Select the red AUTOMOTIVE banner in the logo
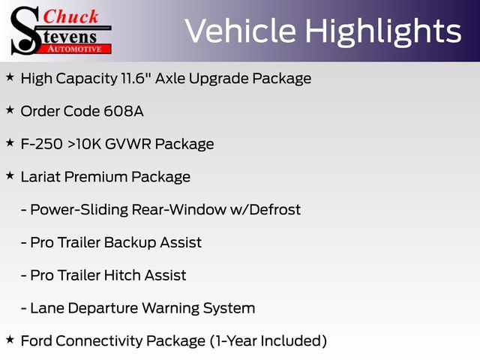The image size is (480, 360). point(74,47)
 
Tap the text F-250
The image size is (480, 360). point(41,144)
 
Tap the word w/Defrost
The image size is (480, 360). point(266,210)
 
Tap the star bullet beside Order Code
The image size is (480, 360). point(10,109)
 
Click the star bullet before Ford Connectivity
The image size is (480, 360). point(10,340)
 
